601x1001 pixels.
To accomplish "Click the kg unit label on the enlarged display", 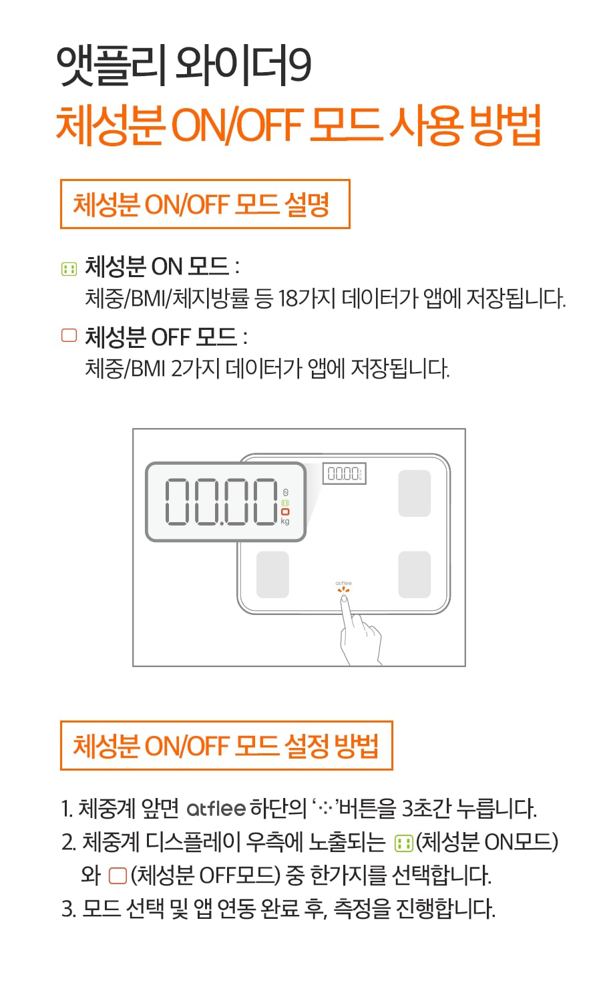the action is [285, 521].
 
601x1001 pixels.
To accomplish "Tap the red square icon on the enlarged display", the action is [285, 512].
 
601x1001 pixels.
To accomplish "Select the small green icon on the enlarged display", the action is [285, 504].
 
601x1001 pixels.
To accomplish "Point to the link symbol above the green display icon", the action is [286, 493].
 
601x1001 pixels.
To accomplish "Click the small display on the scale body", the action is [345, 473].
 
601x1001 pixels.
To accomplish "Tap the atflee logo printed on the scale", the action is [344, 583].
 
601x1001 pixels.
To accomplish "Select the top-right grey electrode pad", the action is [414, 493].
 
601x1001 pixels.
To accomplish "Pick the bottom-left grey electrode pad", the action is [272, 575].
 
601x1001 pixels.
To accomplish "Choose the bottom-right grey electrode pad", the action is [414, 575].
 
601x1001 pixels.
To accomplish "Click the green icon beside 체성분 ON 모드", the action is [69, 269].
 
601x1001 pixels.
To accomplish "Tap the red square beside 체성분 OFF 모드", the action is [69, 335].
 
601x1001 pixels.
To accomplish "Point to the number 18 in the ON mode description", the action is [287, 298].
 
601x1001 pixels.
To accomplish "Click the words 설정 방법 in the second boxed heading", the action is [331, 746].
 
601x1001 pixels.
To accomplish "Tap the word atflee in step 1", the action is [216, 809].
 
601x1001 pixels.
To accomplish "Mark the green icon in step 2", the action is [403, 843].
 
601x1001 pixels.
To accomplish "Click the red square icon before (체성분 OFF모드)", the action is [118, 876].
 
